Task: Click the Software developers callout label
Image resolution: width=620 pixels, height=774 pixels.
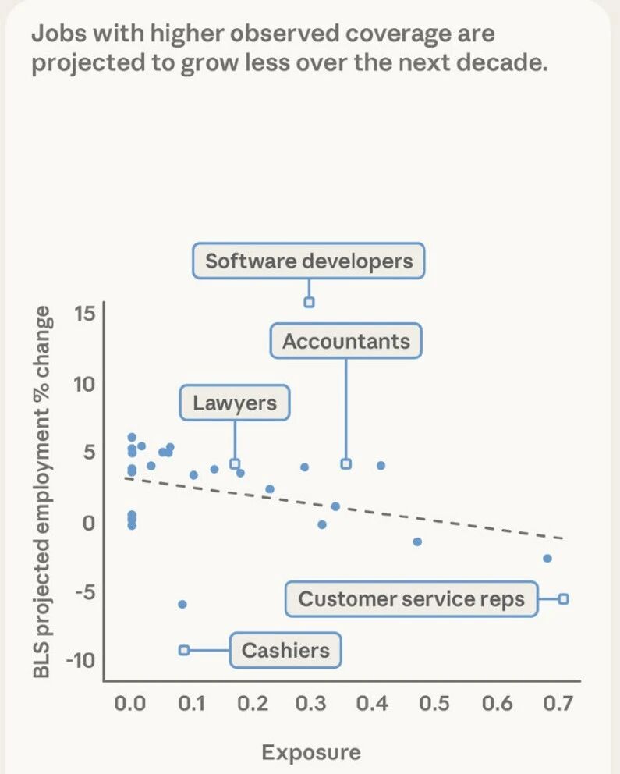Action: click(x=309, y=261)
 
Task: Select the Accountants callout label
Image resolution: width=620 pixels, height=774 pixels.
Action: click(x=345, y=341)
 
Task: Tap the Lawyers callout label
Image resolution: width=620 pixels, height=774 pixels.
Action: click(x=235, y=403)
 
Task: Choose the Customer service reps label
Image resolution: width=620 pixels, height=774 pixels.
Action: click(x=411, y=599)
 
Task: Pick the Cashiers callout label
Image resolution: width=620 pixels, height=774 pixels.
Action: click(x=285, y=650)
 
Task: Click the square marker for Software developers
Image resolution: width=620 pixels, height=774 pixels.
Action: click(x=309, y=302)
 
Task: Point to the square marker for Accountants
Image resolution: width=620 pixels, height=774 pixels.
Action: click(x=346, y=463)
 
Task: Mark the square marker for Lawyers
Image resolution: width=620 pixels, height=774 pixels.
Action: click(x=235, y=463)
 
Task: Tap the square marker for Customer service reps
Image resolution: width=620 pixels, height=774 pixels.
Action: click(x=563, y=598)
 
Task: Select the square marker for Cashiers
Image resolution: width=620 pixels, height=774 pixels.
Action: click(x=184, y=650)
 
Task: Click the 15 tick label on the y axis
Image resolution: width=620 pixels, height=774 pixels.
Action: click(x=84, y=314)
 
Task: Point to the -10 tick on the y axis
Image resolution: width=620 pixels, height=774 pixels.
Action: click(x=80, y=661)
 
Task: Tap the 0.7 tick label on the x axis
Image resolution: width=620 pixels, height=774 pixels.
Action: click(x=557, y=704)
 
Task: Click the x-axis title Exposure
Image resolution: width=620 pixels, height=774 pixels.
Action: click(x=311, y=752)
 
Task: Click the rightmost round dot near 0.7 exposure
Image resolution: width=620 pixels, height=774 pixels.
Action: click(x=547, y=559)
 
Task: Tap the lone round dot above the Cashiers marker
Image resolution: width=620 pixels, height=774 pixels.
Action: click(x=182, y=604)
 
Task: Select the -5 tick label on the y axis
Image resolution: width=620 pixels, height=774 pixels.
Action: click(x=84, y=591)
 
